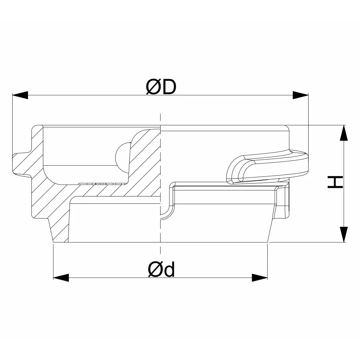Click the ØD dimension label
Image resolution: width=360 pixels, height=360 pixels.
(161, 87)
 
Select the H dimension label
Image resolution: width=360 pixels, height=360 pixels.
(335, 182)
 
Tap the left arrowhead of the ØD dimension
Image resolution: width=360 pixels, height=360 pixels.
(20, 95)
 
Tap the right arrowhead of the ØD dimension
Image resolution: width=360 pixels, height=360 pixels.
(301, 95)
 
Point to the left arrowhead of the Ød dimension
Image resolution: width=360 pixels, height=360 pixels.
(61, 278)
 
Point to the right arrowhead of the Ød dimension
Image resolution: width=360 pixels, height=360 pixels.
(260, 278)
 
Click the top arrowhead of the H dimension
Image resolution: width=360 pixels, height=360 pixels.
(344, 133)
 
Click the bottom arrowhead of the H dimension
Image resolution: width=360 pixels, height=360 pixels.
(344, 234)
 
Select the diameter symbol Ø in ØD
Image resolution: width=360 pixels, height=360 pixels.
(153, 87)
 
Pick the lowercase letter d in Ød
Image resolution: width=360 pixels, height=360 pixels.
(169, 269)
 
